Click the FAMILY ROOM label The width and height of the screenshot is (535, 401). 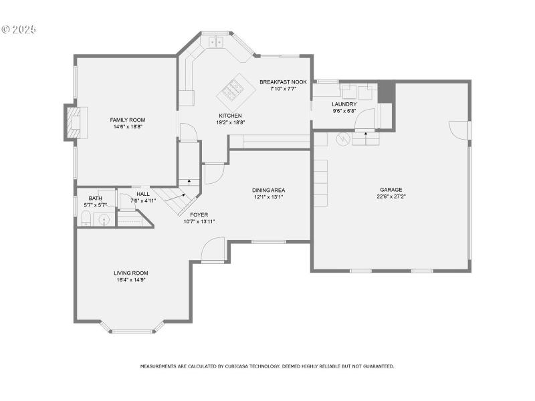pos(127,120)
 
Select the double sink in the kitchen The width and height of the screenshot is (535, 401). pos(215,42)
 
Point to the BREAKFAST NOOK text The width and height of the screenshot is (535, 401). pos(283,82)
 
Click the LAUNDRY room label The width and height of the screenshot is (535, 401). pos(344,104)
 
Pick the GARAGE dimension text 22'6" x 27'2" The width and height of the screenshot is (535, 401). pos(391,197)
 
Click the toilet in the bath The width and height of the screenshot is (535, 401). pos(85,219)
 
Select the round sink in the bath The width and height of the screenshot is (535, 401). pos(104,219)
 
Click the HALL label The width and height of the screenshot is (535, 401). pos(143,194)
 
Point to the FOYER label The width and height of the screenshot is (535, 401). pos(199,215)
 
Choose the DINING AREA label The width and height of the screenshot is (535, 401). pos(269,190)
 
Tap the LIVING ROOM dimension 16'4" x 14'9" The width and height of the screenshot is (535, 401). pos(130,280)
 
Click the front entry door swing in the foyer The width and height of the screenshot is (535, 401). pos(213,251)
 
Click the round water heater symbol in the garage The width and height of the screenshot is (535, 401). pos(343,138)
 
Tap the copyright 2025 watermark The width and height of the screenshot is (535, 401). pos(19,29)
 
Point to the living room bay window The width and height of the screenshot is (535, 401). pos(132,330)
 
